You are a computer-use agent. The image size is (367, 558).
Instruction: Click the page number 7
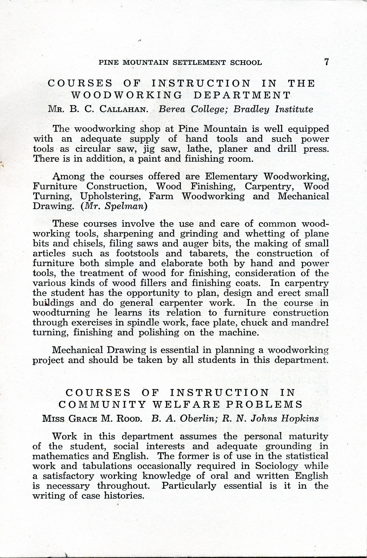click(326, 62)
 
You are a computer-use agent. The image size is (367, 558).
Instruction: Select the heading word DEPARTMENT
click(242, 95)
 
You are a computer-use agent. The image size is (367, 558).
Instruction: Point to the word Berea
click(172, 109)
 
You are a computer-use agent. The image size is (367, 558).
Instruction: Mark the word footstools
click(137, 253)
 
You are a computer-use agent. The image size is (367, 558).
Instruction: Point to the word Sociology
click(276, 466)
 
